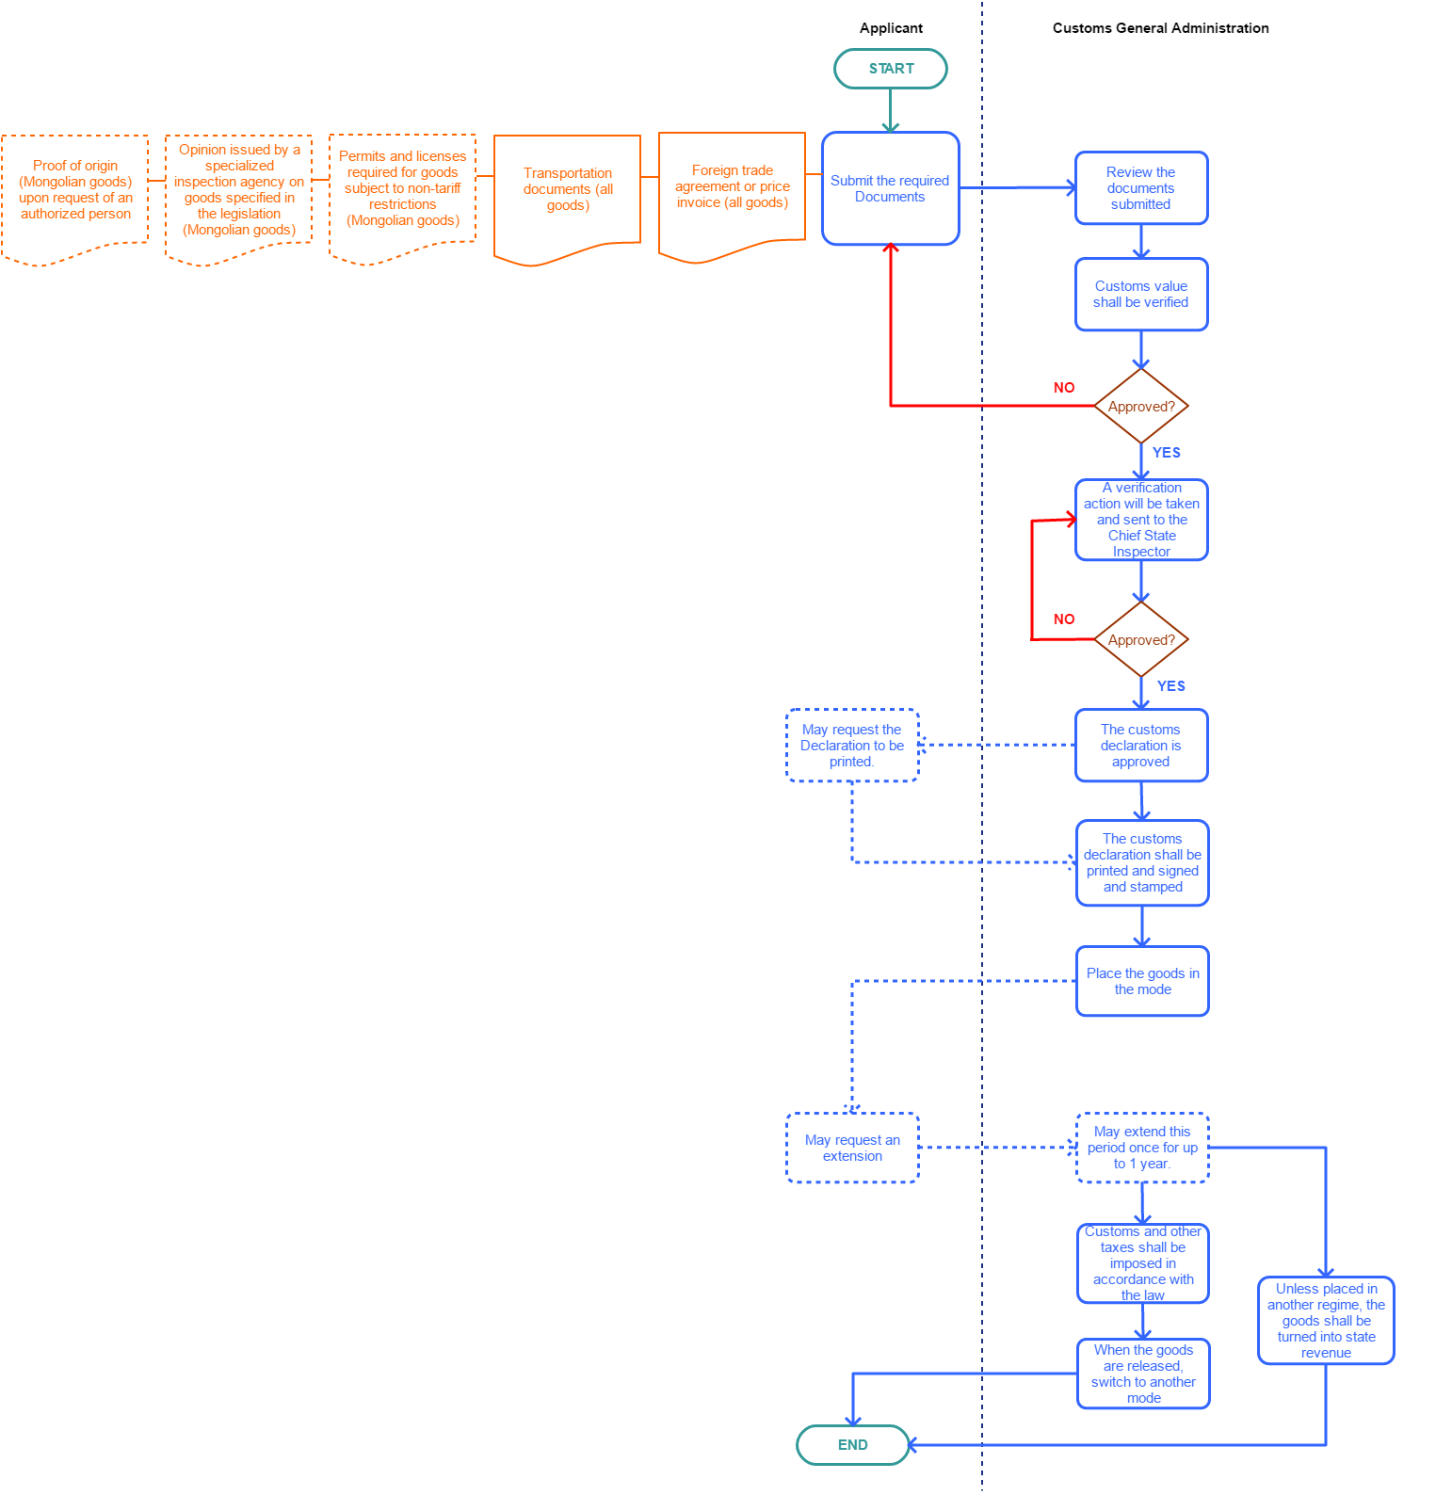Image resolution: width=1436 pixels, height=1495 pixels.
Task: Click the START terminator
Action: (x=890, y=69)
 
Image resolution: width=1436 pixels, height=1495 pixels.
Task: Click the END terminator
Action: (x=852, y=1445)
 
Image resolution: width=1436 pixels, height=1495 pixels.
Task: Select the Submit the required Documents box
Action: (x=890, y=188)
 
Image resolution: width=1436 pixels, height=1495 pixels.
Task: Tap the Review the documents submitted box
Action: (x=1140, y=188)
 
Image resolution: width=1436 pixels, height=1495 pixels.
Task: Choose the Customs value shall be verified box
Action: (x=1140, y=294)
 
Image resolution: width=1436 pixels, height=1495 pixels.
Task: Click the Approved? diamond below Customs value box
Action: (x=1141, y=406)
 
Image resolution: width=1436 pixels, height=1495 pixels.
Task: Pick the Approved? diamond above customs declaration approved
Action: (x=1141, y=639)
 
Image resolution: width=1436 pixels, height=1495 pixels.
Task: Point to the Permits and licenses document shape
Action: (x=402, y=188)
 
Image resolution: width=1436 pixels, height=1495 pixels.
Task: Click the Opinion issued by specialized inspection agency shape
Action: (x=239, y=190)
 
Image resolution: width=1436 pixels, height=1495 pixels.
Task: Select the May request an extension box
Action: (x=852, y=1148)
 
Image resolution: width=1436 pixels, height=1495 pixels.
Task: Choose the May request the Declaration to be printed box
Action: (x=852, y=745)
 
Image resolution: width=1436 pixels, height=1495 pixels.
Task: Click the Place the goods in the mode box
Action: (x=1142, y=981)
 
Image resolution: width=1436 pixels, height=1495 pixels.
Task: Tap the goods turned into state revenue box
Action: (x=1326, y=1320)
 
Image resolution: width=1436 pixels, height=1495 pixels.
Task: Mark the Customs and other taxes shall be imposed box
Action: (x=1142, y=1263)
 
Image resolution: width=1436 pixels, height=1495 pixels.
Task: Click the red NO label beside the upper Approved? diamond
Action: (x=1064, y=388)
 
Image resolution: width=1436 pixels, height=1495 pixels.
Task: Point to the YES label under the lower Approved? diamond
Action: (x=1170, y=686)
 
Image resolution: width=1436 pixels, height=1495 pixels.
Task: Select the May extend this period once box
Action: (x=1142, y=1148)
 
